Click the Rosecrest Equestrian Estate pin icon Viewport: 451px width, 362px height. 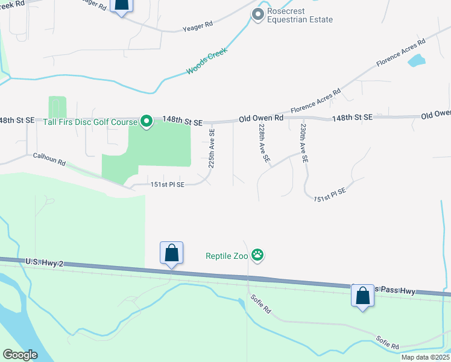point(258,13)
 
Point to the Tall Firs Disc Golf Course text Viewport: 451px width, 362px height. point(91,122)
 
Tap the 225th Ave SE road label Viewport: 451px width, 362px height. point(212,148)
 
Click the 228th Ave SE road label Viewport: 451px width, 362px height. point(263,144)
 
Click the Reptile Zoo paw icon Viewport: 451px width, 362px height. point(258,255)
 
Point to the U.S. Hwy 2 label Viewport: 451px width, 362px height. point(45,262)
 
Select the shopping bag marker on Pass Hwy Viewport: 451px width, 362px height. point(362,296)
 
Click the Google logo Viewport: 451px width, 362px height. point(20,355)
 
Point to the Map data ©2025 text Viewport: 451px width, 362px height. point(424,357)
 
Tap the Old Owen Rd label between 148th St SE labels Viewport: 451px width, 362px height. point(261,119)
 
